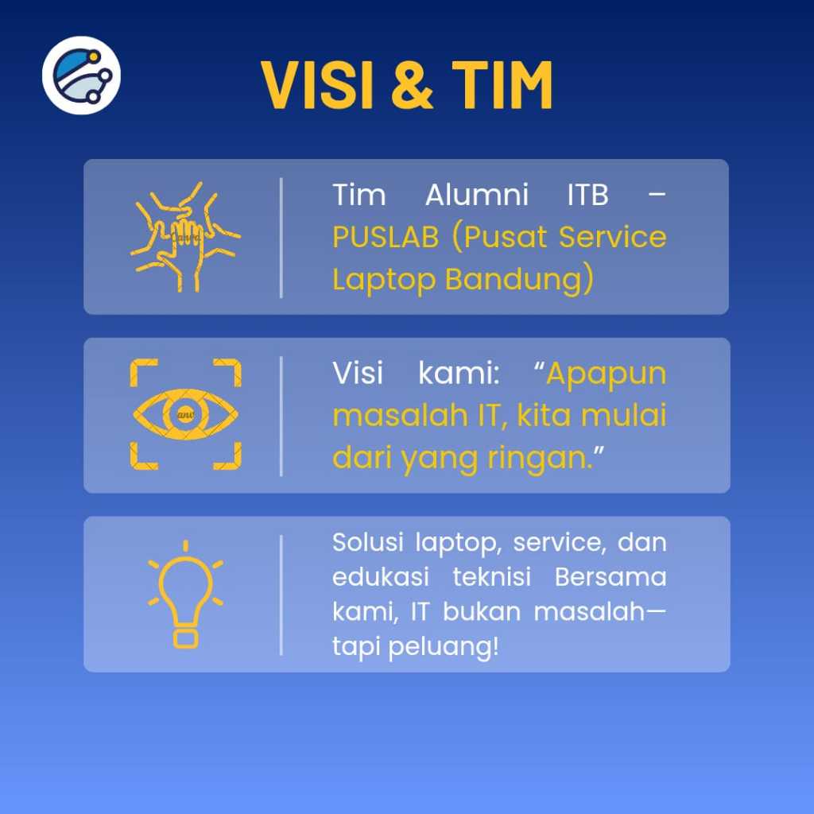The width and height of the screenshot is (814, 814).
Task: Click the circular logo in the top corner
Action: (x=82, y=76)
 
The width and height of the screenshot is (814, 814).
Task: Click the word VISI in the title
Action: (x=317, y=84)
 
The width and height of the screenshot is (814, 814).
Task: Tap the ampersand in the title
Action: (x=413, y=84)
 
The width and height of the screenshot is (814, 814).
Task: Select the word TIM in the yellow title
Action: (x=502, y=84)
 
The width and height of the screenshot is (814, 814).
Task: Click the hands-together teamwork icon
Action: (x=185, y=236)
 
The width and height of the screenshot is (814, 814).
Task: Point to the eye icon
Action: (x=185, y=414)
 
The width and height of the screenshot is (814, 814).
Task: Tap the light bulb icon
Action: (x=185, y=595)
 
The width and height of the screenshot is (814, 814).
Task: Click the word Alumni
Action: (x=477, y=196)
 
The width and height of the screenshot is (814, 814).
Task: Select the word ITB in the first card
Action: (x=587, y=196)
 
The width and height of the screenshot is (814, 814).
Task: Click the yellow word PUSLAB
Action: (x=386, y=237)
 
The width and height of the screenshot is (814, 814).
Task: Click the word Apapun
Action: (x=607, y=374)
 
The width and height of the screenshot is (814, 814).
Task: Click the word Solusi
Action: (x=368, y=542)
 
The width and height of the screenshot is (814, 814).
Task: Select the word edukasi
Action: (x=381, y=577)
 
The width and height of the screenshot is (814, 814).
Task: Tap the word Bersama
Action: (x=610, y=577)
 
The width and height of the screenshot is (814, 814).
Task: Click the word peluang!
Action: (x=444, y=647)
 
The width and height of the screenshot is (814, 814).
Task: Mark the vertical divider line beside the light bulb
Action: (x=281, y=595)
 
